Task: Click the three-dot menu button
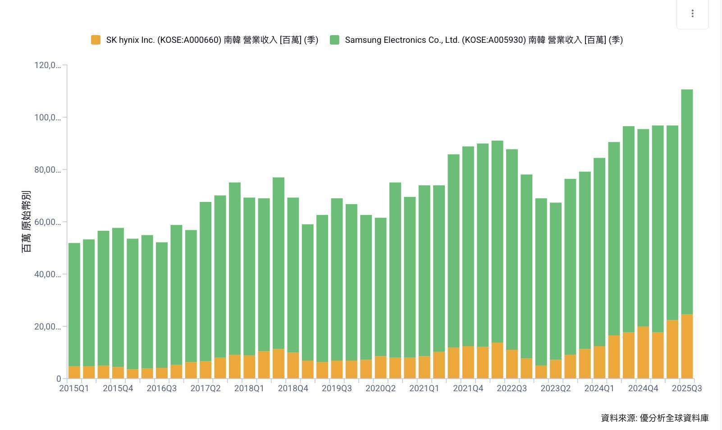(692, 14)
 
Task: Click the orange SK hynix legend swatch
(96, 40)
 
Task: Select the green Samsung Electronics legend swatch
(334, 40)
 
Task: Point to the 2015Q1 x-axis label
(74, 389)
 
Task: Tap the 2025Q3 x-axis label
(686, 389)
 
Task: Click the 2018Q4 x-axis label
(293, 389)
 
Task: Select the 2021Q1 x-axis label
(424, 389)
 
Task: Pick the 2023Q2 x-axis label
(555, 389)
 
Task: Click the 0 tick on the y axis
(59, 379)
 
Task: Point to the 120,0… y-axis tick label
(47, 65)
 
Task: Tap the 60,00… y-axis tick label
(47, 222)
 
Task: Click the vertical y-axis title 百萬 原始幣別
(27, 221)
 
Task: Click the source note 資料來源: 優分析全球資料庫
(654, 418)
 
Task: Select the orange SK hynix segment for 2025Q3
(687, 346)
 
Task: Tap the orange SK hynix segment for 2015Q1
(74, 372)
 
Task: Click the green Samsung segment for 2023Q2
(556, 279)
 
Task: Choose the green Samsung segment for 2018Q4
(293, 275)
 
